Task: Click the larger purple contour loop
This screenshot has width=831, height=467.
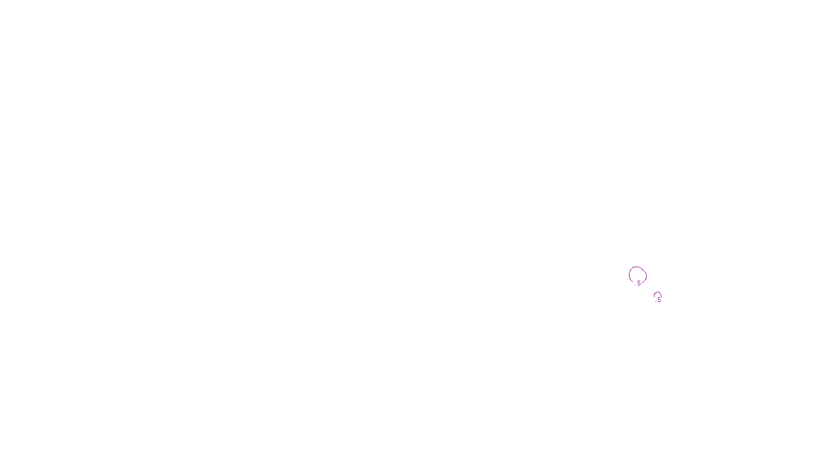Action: [x=629, y=275]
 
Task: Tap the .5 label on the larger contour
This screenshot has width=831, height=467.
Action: [x=638, y=283]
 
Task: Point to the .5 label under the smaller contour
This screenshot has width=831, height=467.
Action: [x=658, y=300]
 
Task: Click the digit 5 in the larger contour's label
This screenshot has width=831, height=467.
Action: [x=639, y=283]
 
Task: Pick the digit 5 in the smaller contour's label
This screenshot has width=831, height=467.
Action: [x=659, y=300]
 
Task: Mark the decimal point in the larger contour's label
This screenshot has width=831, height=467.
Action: [x=635, y=285]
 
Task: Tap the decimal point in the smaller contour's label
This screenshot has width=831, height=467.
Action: [x=655, y=301]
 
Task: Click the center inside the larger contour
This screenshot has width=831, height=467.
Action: [x=638, y=274]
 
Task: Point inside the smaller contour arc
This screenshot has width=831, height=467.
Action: [x=658, y=295]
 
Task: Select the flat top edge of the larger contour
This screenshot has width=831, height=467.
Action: [x=636, y=267]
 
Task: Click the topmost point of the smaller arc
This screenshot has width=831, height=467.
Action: [x=658, y=292]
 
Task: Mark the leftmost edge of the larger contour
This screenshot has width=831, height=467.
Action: [x=629, y=275]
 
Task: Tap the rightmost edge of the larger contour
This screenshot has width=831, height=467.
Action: [x=647, y=276]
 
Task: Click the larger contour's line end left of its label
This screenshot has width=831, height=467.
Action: [x=634, y=282]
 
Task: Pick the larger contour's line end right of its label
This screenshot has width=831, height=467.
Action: [x=642, y=284]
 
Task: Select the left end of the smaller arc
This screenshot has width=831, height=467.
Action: [x=655, y=298]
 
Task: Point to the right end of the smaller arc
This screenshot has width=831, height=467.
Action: [x=661, y=297]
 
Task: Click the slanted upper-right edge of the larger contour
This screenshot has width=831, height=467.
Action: [x=643, y=269]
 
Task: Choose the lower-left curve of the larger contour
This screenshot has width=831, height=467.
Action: [x=631, y=280]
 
